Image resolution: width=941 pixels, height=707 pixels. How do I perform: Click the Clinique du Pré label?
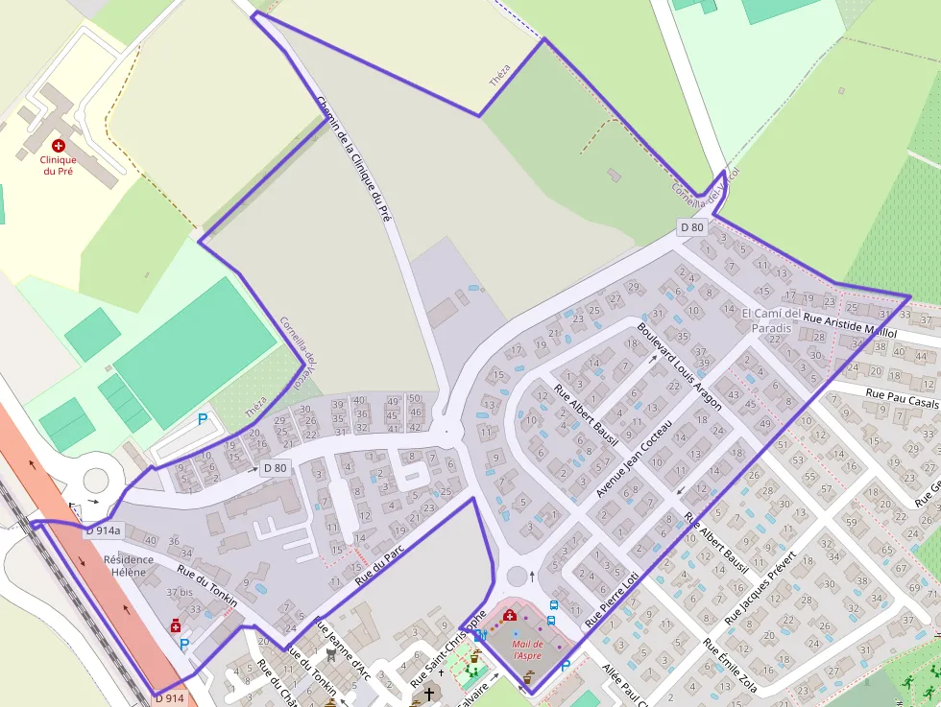click(x=58, y=165)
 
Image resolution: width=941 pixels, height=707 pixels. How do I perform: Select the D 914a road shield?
click(x=103, y=530)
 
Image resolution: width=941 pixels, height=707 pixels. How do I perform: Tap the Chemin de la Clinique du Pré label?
click(x=354, y=158)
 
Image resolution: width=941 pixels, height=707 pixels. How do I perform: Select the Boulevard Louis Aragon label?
click(x=679, y=366)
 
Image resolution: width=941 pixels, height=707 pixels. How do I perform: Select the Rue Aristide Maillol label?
click(x=850, y=324)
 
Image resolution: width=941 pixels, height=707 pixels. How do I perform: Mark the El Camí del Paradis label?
click(x=771, y=320)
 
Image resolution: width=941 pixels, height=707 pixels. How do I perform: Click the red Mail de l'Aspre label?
click(x=528, y=649)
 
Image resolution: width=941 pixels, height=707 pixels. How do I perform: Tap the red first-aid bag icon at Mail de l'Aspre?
click(x=509, y=615)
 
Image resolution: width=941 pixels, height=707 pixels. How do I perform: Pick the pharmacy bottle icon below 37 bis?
click(x=176, y=625)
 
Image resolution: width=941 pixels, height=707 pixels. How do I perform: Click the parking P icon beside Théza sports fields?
click(x=203, y=419)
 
